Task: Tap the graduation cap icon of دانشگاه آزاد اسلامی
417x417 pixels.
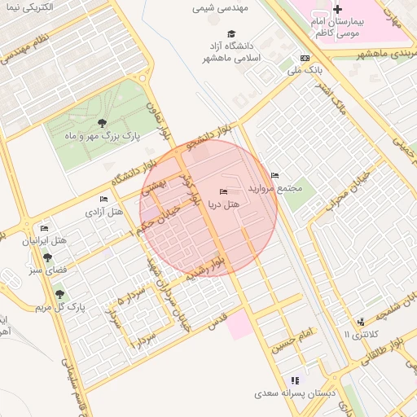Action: pyautogui.click(x=232, y=33)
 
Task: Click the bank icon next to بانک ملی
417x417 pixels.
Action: pyautogui.click(x=305, y=58)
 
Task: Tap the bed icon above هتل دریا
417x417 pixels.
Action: pyautogui.click(x=224, y=191)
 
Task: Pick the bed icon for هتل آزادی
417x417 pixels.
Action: pyautogui.click(x=103, y=199)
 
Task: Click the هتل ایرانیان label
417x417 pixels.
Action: pyautogui.click(x=47, y=241)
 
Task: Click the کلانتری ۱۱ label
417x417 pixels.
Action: pyautogui.click(x=362, y=335)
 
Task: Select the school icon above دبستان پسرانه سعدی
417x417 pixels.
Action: pyautogui.click(x=295, y=380)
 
